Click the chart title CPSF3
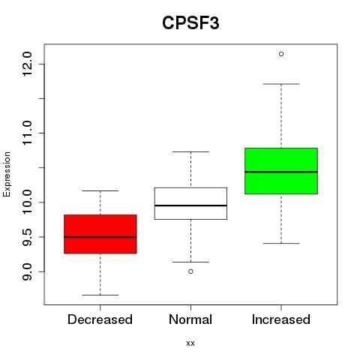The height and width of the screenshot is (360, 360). click(190, 22)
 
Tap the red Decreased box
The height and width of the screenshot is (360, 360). click(100, 234)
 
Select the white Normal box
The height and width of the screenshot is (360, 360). click(190, 203)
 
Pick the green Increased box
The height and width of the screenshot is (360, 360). click(281, 171)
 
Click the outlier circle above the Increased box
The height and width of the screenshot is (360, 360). click(281, 54)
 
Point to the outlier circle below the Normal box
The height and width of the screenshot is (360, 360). click(190, 271)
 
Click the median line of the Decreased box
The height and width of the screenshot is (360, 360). click(100, 237)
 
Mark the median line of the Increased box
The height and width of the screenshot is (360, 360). click(281, 172)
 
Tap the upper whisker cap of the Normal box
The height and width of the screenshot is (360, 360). click(190, 151)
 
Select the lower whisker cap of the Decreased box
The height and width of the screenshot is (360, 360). click(100, 295)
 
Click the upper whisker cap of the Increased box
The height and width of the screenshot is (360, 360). click(281, 84)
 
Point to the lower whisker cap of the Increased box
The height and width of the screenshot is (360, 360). click(281, 243)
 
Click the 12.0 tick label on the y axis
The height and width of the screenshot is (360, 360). click(27, 64)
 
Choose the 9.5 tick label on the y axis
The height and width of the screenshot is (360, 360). click(27, 237)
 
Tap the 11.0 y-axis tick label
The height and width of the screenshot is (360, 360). click(27, 133)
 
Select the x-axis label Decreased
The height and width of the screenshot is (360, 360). click(100, 319)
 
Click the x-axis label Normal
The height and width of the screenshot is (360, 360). click(190, 319)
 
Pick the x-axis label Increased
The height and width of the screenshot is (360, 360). click(281, 319)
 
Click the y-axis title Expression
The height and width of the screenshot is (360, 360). click(7, 174)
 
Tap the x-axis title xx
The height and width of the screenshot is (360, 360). click(190, 343)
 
